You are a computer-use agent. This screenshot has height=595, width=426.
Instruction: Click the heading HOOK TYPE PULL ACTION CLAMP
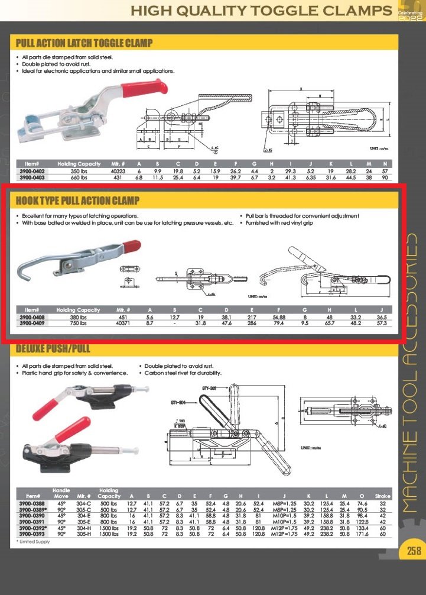(x=77, y=201)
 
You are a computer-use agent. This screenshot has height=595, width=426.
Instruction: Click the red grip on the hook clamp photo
(x=131, y=245)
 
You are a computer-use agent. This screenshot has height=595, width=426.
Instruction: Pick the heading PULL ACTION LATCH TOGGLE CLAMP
(x=84, y=43)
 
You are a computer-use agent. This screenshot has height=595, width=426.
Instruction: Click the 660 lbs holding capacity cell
(x=79, y=177)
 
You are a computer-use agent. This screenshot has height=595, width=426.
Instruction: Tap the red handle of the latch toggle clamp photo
(x=137, y=90)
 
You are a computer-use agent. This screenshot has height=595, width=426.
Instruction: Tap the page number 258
(x=413, y=551)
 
